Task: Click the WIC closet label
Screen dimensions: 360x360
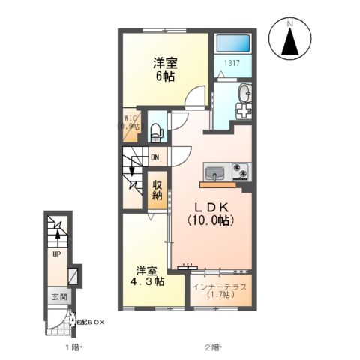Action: click(130, 121)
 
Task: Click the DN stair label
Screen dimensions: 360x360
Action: click(154, 157)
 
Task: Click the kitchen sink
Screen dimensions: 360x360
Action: click(215, 172)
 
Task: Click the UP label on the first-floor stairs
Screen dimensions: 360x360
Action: click(56, 254)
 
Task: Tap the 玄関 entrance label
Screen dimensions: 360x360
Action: click(59, 297)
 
